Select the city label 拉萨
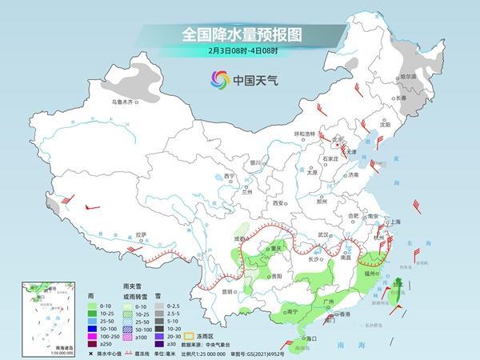(x=141, y=234)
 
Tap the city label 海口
(x=301, y=339)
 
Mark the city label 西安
(x=279, y=203)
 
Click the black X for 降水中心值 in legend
(x=90, y=353)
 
